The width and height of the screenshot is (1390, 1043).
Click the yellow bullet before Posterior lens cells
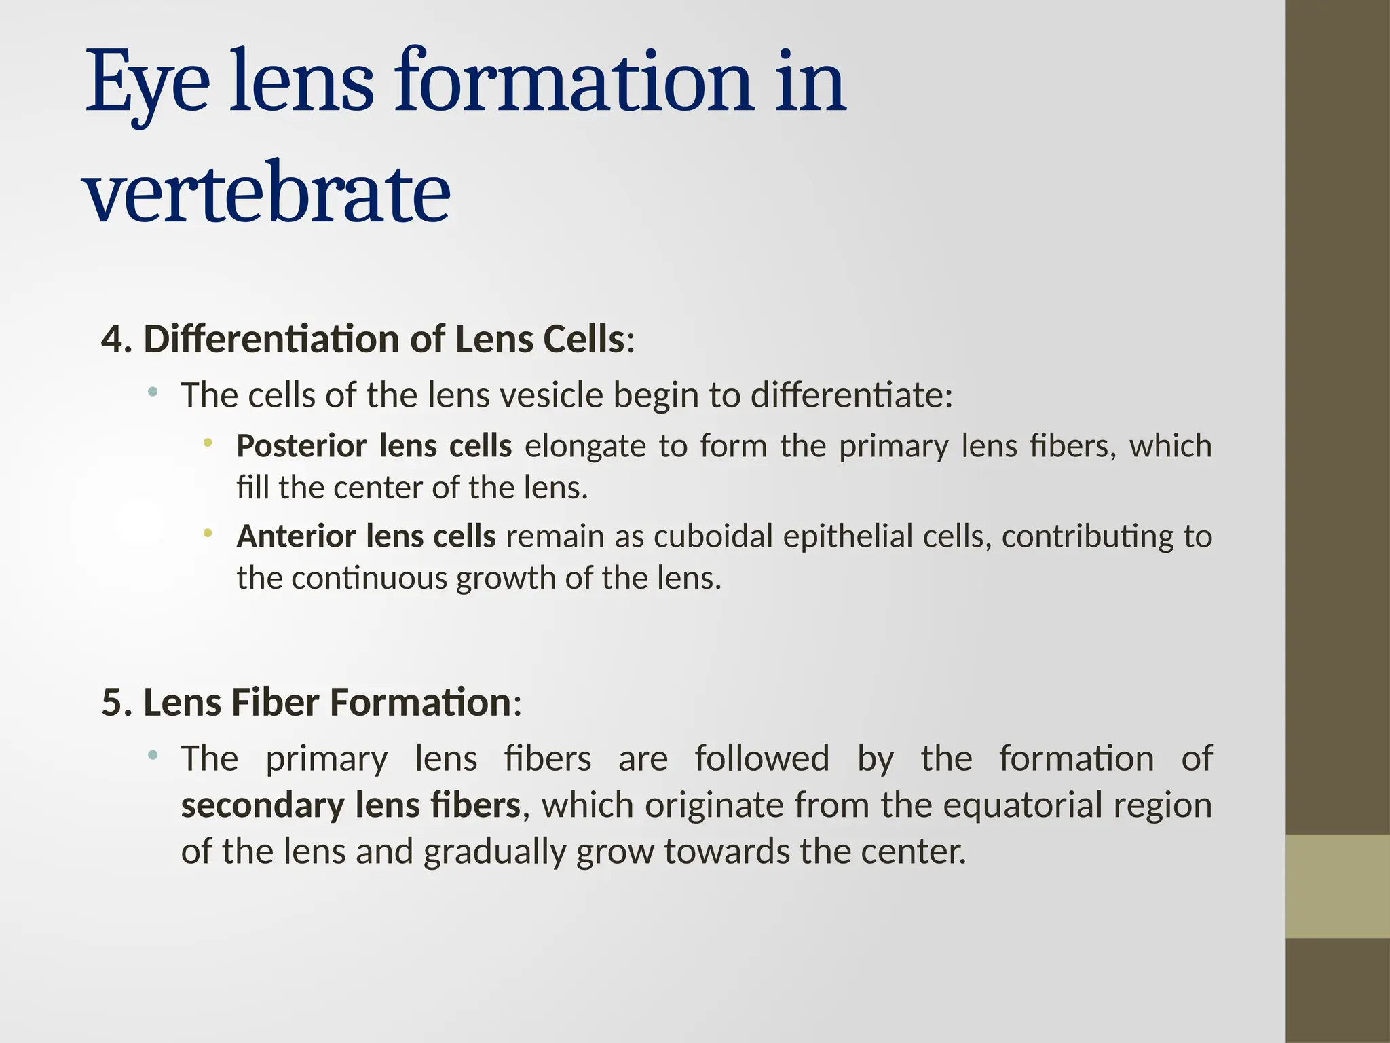coord(208,443)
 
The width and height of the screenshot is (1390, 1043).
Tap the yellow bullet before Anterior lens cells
coord(208,534)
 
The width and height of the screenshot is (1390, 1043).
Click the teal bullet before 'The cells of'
coord(153,391)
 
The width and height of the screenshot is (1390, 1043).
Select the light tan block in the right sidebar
coord(1338,886)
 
